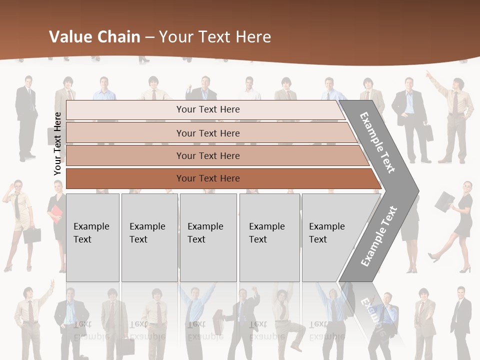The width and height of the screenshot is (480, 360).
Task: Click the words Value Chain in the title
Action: [94, 37]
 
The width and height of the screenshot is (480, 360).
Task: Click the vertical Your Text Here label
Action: [57, 143]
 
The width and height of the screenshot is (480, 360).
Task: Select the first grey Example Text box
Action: [92, 237]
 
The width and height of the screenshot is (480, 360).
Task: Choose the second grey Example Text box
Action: [149, 237]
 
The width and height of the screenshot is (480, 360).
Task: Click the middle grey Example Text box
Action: [208, 237]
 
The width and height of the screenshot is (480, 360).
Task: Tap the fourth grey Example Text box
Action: [269, 237]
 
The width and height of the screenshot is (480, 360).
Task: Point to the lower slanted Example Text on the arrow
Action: [379, 236]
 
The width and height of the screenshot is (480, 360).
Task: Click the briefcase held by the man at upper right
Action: [428, 132]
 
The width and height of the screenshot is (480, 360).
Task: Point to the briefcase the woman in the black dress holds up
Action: [443, 201]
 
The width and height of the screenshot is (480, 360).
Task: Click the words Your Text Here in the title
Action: [215, 37]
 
